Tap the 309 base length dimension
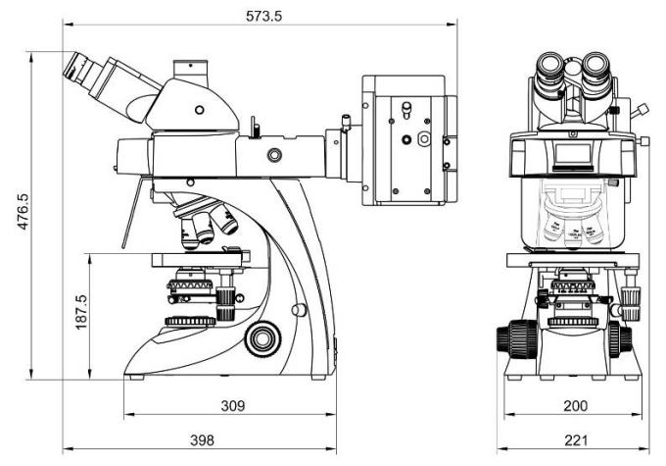[231, 404]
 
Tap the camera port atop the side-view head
[191, 70]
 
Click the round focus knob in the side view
[261, 338]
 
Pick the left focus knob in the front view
[509, 339]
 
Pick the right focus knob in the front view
[618, 339]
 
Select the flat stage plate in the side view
[200, 259]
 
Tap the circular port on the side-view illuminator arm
[273, 154]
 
